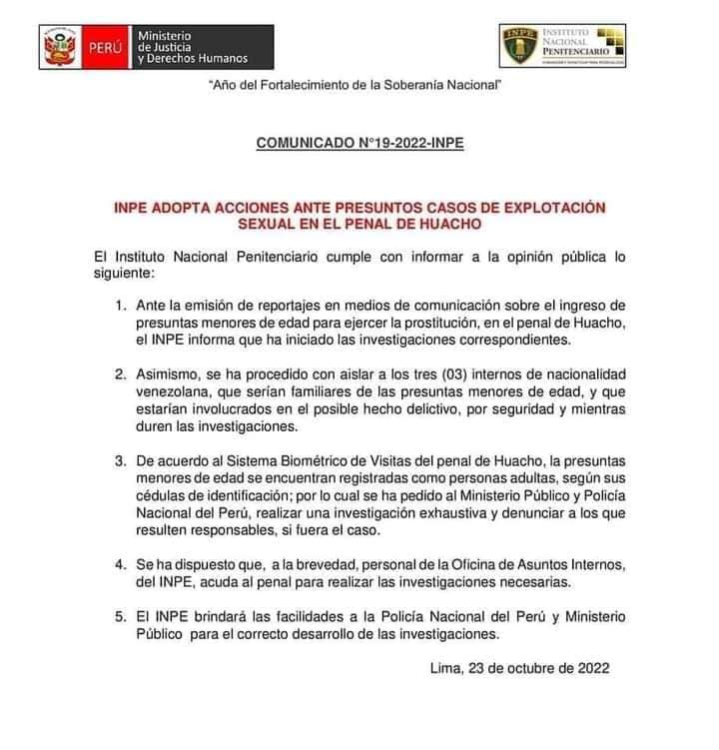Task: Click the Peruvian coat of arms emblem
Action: coord(60,46)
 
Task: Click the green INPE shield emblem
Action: coord(521,46)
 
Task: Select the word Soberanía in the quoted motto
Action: coord(407,87)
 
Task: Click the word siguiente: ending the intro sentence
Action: coord(123,273)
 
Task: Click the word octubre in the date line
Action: coord(542,670)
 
